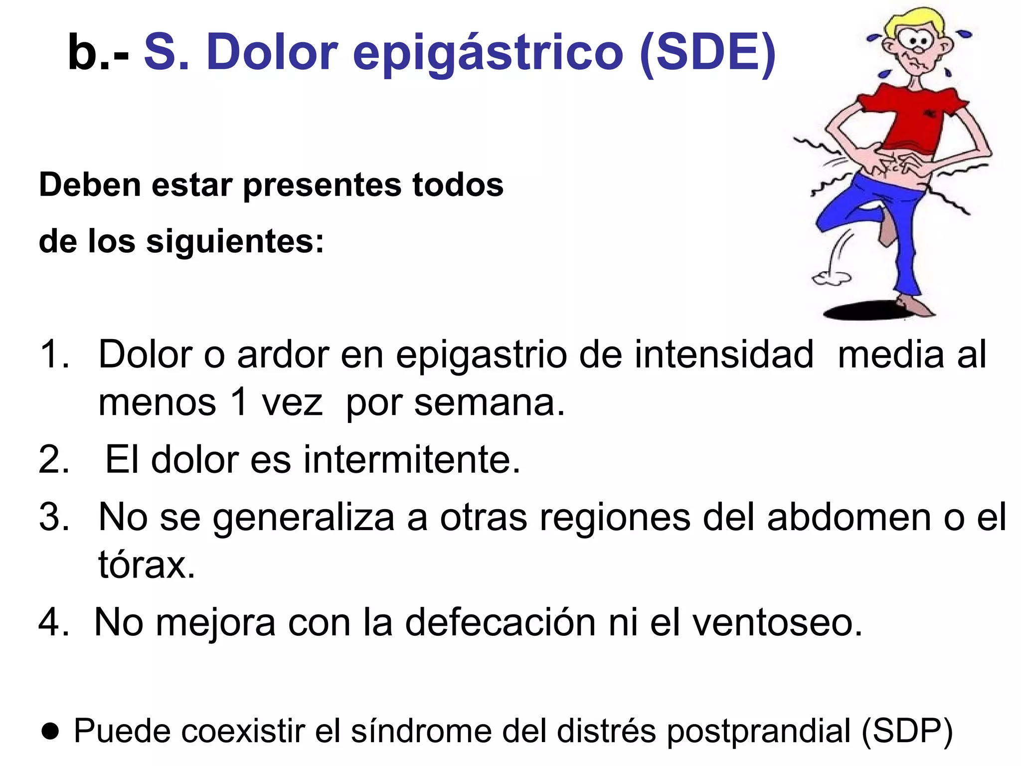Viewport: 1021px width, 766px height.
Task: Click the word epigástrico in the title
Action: pyautogui.click(x=488, y=53)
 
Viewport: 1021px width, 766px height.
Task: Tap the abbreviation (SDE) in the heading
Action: pyautogui.click(x=707, y=53)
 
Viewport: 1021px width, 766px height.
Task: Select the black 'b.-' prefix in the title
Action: pyautogui.click(x=98, y=53)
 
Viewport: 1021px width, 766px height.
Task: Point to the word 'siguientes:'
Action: pyautogui.click(x=235, y=241)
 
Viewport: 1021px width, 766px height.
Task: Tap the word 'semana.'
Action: pyautogui.click(x=490, y=402)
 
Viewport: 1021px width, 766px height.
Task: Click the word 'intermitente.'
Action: pyautogui.click(x=412, y=459)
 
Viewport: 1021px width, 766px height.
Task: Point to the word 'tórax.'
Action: pyautogui.click(x=147, y=565)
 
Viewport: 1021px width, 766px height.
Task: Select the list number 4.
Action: pyautogui.click(x=53, y=622)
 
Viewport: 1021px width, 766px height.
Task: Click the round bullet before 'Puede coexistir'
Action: pyautogui.click(x=50, y=731)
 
